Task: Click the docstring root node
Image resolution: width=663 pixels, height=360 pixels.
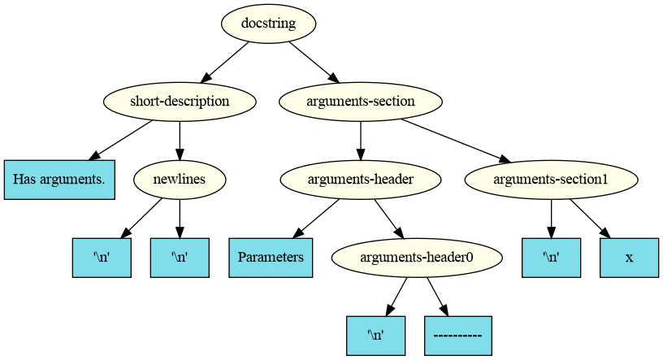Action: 268,24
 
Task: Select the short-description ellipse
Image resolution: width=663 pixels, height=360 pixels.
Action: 180,102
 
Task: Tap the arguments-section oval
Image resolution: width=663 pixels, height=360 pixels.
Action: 360,102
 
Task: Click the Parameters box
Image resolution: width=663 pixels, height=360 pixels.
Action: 271,258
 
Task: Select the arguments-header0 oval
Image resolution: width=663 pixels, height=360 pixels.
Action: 417,258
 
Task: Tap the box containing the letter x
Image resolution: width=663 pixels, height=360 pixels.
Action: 629,258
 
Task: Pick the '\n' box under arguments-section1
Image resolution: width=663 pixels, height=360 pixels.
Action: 551,258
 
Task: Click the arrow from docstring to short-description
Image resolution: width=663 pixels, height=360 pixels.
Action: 225,62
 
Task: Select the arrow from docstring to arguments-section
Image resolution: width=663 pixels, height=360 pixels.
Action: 312,62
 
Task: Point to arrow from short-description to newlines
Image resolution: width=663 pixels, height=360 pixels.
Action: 179,140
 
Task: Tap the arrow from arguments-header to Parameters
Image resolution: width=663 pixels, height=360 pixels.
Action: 316,219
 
